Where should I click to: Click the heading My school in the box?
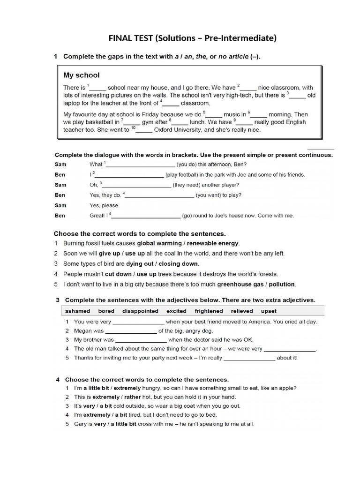coord(82,75)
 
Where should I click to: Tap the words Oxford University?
coord(178,130)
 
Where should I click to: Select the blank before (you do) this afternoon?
coord(141,165)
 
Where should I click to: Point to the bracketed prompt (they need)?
coord(189,185)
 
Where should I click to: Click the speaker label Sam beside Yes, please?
coord(60,205)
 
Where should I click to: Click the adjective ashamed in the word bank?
coord(78,311)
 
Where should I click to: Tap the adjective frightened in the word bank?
coord(209,311)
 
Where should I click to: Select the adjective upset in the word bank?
coord(269,311)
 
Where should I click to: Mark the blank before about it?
coord(249,358)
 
